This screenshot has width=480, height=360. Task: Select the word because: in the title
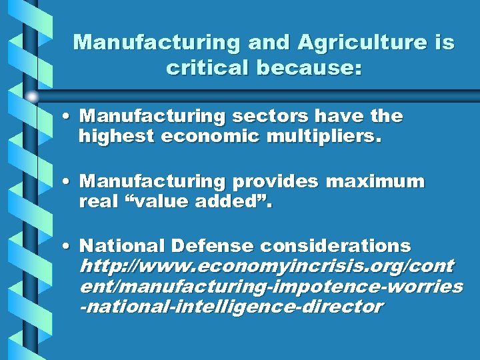coord(307,67)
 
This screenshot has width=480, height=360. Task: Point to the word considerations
coord(335,246)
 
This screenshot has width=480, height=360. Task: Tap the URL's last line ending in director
coord(231,307)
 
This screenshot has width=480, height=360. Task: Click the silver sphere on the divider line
coord(32,96)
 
